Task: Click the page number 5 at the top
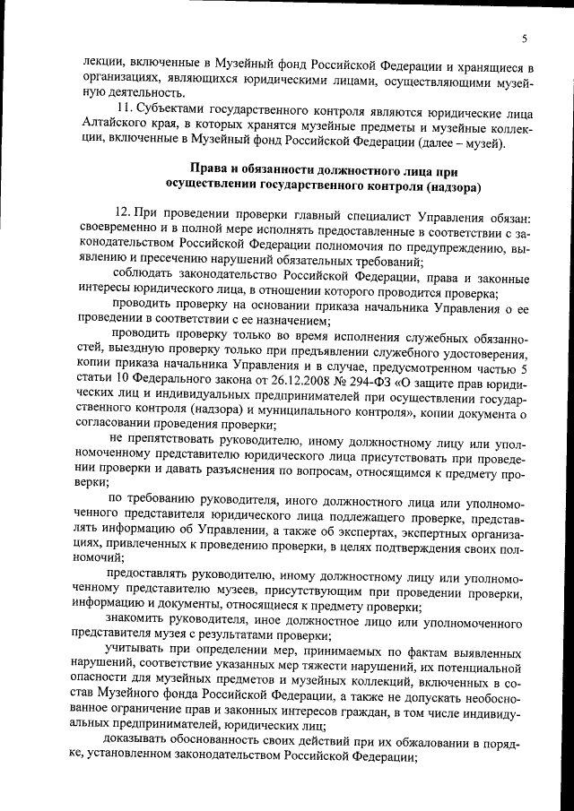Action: [524, 38]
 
